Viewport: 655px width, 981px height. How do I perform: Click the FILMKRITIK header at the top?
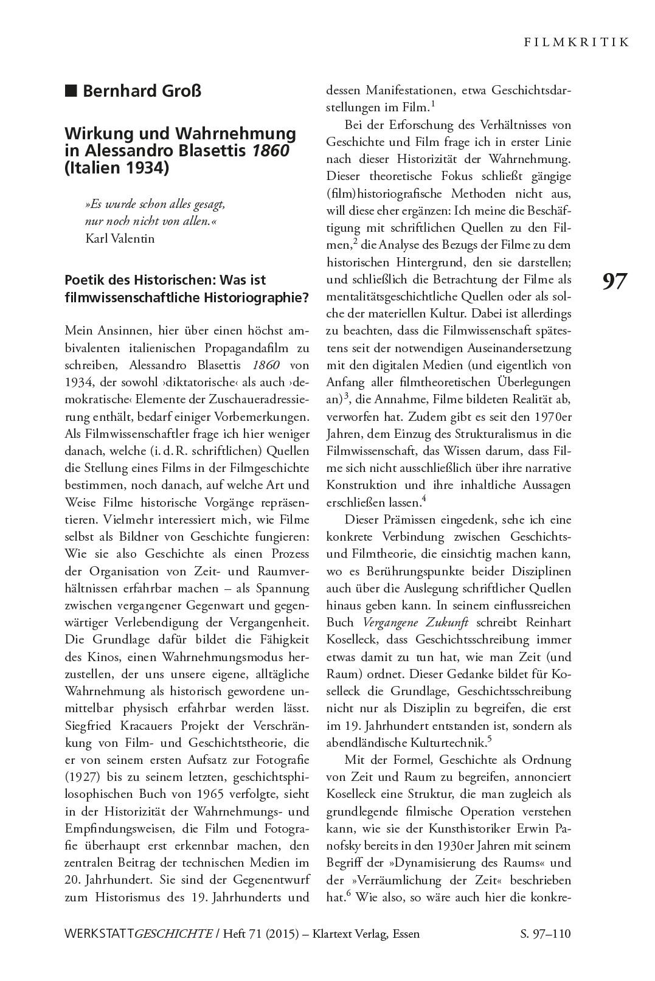pyautogui.click(x=575, y=42)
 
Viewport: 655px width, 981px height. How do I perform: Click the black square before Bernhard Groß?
pyautogui.click(x=71, y=91)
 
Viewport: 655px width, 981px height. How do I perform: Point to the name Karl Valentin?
pyautogui.click(x=120, y=238)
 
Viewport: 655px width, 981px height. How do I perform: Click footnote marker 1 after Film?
pyautogui.click(x=432, y=104)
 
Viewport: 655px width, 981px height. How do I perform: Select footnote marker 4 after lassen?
pyautogui.click(x=424, y=499)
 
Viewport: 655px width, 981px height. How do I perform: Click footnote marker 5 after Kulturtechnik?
pyautogui.click(x=490, y=739)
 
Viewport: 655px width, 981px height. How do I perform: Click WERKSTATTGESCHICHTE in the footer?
pyautogui.click(x=137, y=934)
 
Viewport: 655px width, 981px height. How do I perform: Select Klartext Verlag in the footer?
pyautogui.click(x=350, y=934)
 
